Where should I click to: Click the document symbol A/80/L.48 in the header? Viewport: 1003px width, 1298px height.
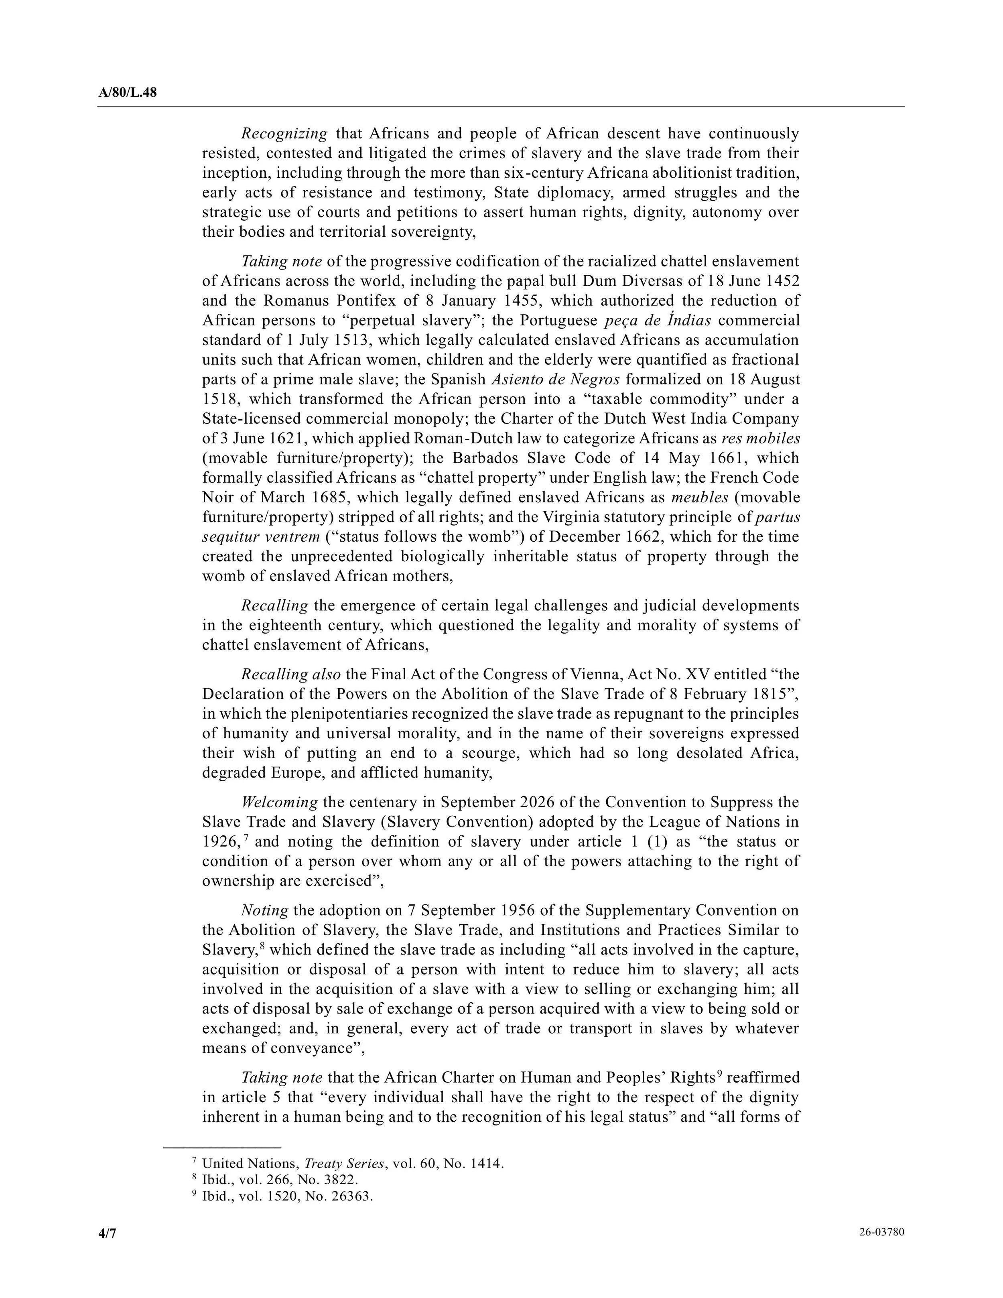pos(127,93)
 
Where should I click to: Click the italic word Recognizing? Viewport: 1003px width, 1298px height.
pos(284,134)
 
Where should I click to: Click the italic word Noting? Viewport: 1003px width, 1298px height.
pos(264,910)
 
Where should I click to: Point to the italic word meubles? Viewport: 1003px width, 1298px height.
pos(703,498)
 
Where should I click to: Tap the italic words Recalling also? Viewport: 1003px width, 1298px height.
pos(290,674)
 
